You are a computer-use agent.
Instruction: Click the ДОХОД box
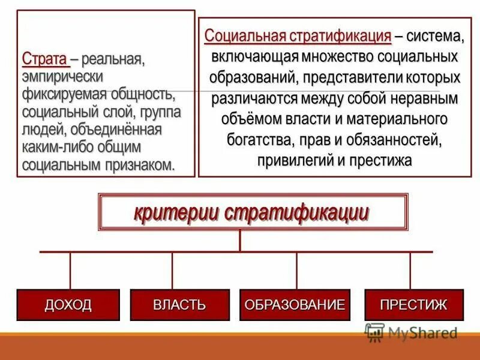point(68,305)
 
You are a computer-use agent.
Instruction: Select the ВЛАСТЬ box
point(179,305)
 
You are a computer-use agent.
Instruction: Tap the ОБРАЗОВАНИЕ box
point(295,305)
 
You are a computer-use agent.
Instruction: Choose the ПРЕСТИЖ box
point(413,305)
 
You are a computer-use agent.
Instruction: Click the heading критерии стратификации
point(251,212)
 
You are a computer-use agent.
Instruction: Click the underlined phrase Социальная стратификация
point(298,35)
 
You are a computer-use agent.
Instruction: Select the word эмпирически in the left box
point(62,77)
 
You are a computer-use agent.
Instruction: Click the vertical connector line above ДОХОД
point(70,270)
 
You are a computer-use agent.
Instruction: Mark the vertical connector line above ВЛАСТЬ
point(172,270)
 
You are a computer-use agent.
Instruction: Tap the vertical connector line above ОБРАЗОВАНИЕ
point(296,270)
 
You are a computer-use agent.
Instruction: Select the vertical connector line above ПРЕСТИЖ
point(410,270)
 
